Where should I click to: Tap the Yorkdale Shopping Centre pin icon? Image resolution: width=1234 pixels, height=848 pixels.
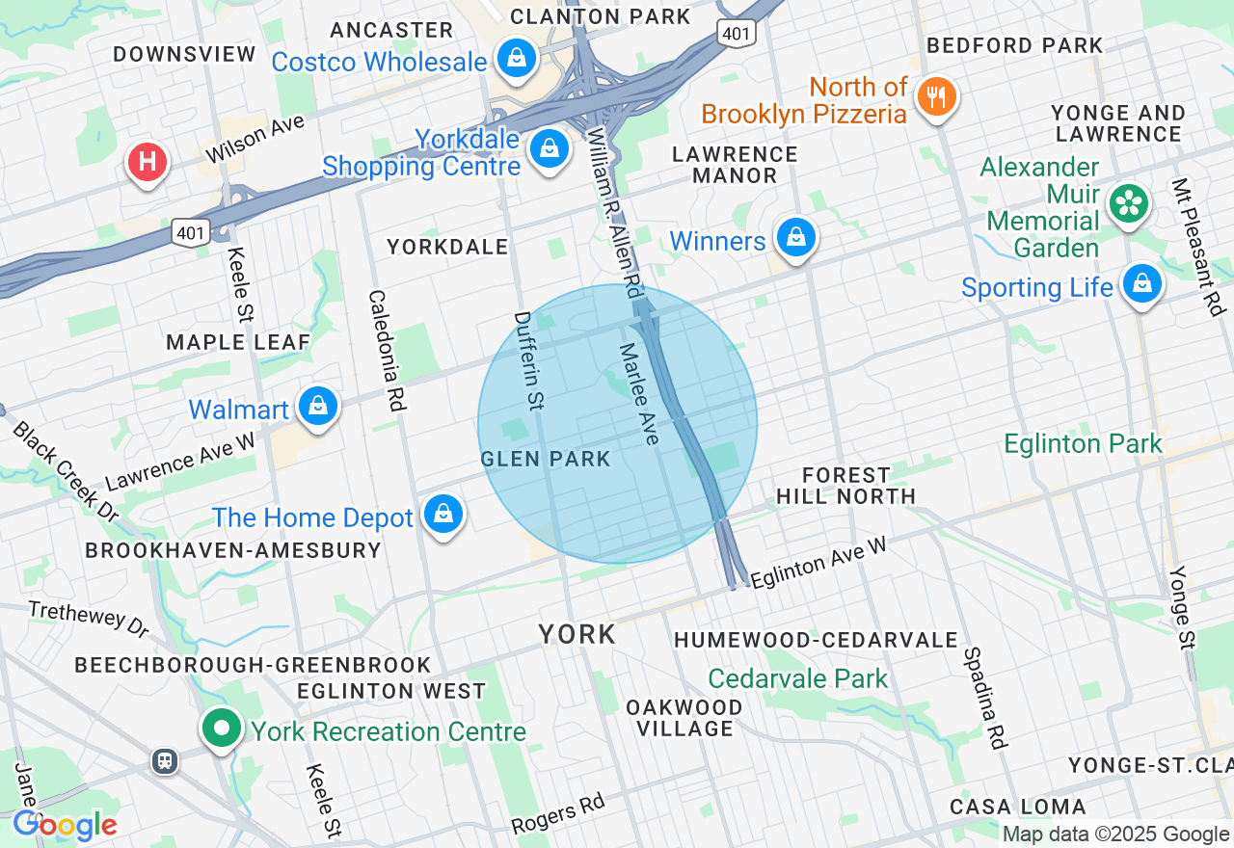(549, 149)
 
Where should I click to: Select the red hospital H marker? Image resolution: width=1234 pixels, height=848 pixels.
(148, 162)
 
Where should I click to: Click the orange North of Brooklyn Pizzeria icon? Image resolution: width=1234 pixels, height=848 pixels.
(935, 97)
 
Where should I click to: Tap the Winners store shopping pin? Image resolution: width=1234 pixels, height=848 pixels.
(795, 237)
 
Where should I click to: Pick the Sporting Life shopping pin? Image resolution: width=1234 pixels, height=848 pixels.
(1141, 284)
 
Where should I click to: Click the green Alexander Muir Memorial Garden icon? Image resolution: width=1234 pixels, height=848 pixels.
(1128, 203)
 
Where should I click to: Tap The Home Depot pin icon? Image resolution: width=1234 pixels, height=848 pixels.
(443, 515)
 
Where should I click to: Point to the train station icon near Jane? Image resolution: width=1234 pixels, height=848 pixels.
(165, 761)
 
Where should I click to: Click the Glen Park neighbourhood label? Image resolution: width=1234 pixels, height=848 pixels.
(546, 459)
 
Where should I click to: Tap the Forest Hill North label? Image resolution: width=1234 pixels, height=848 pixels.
(846, 486)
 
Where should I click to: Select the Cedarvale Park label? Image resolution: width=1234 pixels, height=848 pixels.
(798, 678)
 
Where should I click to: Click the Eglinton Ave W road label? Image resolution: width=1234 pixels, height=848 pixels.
(818, 563)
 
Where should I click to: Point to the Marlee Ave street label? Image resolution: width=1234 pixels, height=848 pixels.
(639, 393)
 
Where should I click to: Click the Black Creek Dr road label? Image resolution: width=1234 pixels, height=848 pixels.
(66, 471)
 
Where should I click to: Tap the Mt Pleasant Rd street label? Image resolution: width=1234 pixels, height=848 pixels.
(1198, 247)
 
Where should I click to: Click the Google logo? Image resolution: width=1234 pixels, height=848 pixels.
(65, 825)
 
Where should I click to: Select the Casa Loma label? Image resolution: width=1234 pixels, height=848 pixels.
(1017, 806)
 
